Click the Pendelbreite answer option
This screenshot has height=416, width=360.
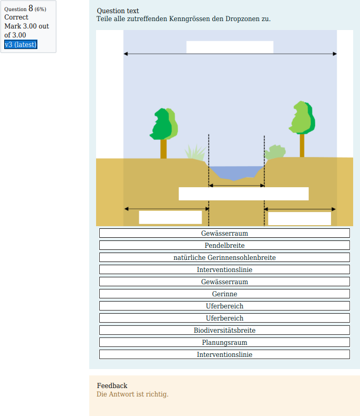click(x=224, y=245)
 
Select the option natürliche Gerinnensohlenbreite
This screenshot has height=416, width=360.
click(x=224, y=257)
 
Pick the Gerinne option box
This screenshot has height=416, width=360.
click(x=224, y=294)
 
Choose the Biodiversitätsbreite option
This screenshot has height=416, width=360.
click(x=224, y=330)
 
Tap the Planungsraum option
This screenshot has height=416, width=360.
click(x=224, y=342)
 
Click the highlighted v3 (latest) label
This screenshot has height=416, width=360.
click(x=21, y=44)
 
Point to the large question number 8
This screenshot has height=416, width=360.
click(x=31, y=8)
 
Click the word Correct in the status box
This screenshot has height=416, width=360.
click(x=16, y=17)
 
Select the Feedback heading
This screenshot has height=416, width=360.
click(x=112, y=385)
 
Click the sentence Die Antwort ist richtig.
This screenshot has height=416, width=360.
click(x=132, y=394)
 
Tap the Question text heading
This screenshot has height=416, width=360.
click(x=118, y=11)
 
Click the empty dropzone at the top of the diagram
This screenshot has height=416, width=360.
click(x=230, y=47)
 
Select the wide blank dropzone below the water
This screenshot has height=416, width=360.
click(x=243, y=194)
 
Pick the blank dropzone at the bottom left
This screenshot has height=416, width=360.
click(x=170, y=217)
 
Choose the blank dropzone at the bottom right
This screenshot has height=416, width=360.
click(x=299, y=218)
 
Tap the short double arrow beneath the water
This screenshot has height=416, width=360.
click(x=236, y=186)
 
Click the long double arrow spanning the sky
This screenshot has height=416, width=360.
click(x=230, y=54)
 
